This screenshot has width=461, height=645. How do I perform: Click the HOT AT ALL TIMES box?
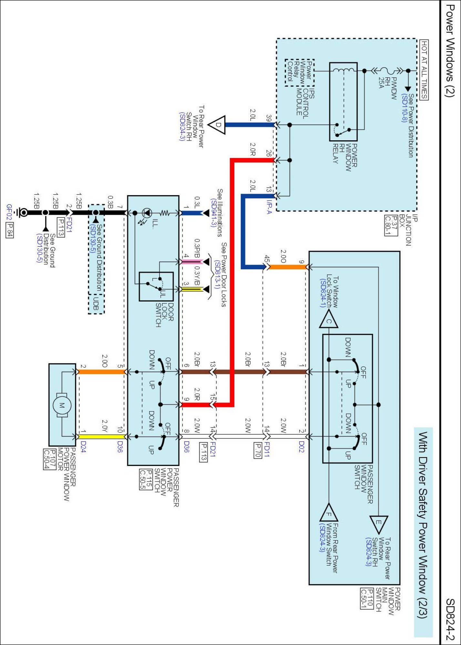(424, 70)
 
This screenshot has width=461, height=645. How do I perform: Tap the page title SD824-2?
(450, 619)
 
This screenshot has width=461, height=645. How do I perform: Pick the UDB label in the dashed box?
(96, 303)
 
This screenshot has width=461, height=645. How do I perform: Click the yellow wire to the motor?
(100, 437)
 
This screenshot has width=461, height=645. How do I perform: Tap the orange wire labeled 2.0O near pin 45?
(287, 267)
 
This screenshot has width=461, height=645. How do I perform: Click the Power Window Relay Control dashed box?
(300, 73)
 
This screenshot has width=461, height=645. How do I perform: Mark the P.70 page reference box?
(257, 451)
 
